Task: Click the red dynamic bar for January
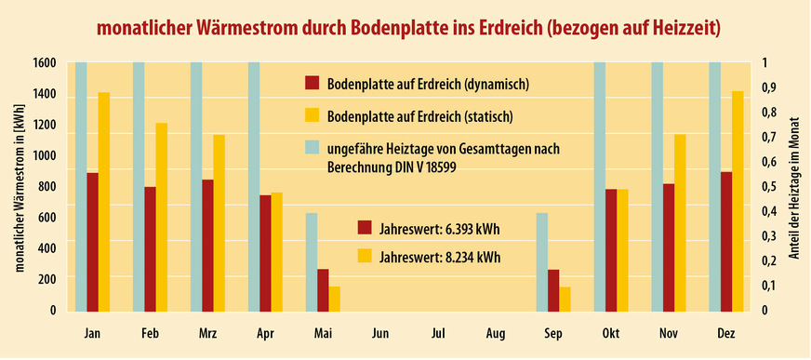click(x=92, y=242)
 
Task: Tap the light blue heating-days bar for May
click(x=312, y=262)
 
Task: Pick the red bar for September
click(x=553, y=290)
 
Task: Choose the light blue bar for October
click(x=600, y=186)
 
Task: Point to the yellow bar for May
click(x=334, y=299)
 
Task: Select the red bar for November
click(x=669, y=247)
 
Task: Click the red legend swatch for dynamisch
click(x=312, y=84)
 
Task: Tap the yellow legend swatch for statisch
click(x=312, y=115)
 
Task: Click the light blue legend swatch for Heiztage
click(x=312, y=147)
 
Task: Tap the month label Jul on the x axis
click(x=438, y=332)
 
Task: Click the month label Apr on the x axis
click(x=264, y=332)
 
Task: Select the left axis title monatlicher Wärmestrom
click(x=20, y=186)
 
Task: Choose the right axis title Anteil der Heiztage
click(x=795, y=186)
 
